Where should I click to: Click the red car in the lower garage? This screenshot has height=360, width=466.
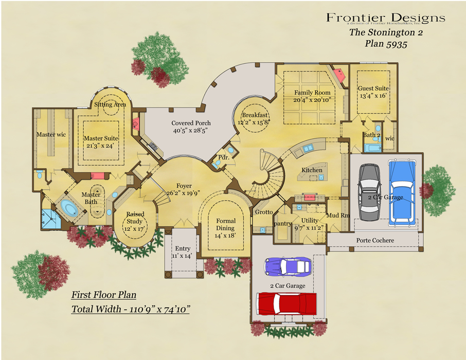[286, 302]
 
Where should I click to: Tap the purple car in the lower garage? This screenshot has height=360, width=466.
[288, 266]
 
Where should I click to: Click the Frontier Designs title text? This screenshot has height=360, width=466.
[385, 18]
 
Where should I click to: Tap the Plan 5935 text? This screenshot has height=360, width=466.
[386, 44]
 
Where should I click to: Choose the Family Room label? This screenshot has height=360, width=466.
[312, 96]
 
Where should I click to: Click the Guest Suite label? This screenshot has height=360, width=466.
[372, 92]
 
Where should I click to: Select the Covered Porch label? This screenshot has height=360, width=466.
[191, 127]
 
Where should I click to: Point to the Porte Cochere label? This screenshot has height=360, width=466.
[375, 240]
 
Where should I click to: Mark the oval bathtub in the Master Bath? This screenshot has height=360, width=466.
[68, 209]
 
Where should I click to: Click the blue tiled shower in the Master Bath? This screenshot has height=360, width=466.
[50, 219]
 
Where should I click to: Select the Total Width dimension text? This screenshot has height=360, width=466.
[131, 309]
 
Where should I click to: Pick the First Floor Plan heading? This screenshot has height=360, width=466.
[103, 295]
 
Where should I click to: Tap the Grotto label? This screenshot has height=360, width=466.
[263, 212]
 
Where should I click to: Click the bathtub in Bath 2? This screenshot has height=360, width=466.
[373, 149]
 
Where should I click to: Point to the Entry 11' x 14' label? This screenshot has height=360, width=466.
[183, 252]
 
